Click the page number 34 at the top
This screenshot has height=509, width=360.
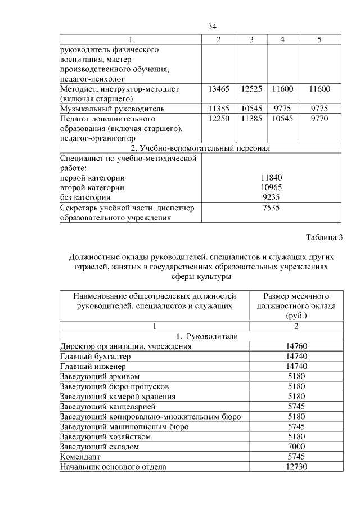click(x=212, y=26)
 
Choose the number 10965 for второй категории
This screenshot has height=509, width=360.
click(x=271, y=187)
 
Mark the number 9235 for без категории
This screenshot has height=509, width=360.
click(x=271, y=197)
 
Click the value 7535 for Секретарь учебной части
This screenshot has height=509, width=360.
click(x=271, y=208)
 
